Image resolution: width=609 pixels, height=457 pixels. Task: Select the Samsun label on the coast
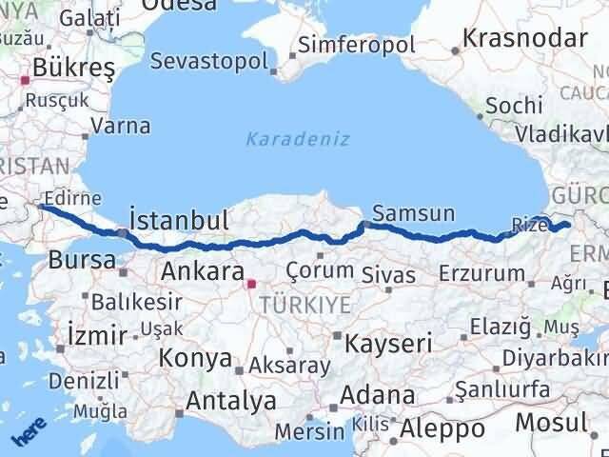click(x=414, y=213)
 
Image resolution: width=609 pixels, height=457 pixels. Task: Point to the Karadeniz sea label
click(x=298, y=139)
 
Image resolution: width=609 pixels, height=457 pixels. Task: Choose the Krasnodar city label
click(x=524, y=38)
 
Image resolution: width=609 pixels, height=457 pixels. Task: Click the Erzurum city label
click(x=481, y=273)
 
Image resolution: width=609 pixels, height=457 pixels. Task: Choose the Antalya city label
click(x=232, y=401)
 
